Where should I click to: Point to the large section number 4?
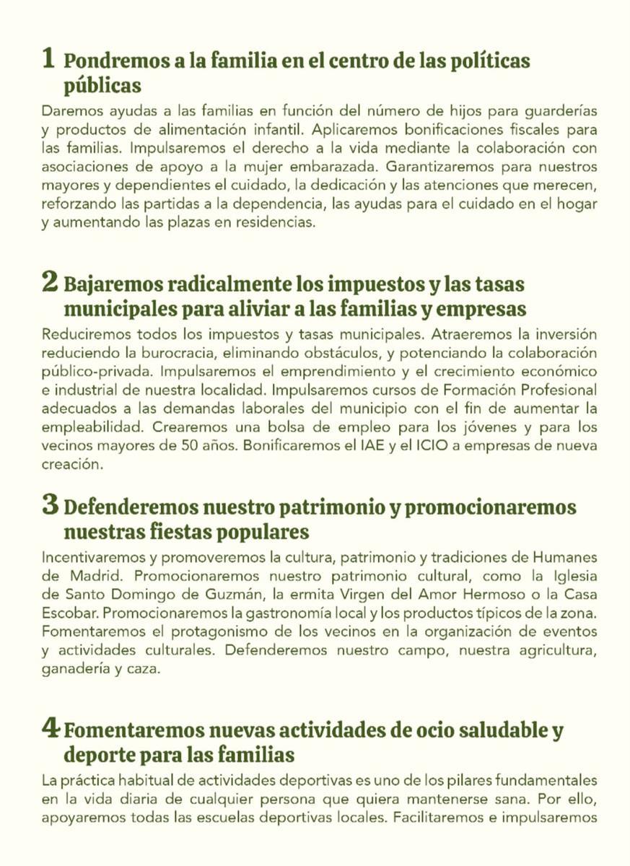click(50, 729)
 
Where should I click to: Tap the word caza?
click(144, 669)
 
